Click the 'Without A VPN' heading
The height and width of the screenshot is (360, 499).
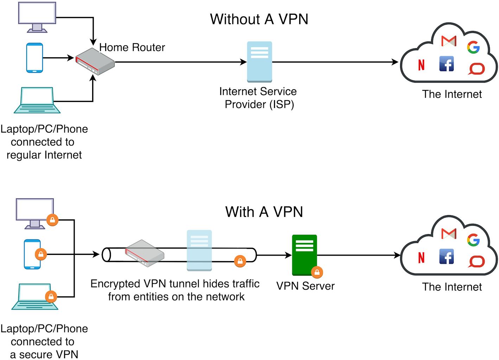click(259, 19)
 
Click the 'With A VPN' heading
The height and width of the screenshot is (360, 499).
click(264, 212)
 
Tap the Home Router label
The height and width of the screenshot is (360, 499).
click(132, 47)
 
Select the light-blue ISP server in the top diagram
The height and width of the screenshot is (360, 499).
click(260, 62)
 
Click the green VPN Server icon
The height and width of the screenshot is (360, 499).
click(304, 255)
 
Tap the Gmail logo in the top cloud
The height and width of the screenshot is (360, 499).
click(449, 41)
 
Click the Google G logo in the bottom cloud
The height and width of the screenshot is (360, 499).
click(473, 240)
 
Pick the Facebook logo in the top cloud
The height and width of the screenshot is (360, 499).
click(447, 64)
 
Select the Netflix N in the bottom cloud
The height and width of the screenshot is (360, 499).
click(421, 258)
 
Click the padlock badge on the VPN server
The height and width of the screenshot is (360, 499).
click(317, 272)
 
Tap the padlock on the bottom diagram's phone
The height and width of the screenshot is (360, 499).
click(41, 254)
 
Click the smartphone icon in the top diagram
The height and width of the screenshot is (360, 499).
click(34, 58)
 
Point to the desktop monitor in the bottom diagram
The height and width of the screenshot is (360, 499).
click(35, 213)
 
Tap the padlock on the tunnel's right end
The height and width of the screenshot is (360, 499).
click(240, 261)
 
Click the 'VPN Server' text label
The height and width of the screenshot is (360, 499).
click(305, 286)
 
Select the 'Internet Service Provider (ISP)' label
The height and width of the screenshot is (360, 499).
click(258, 98)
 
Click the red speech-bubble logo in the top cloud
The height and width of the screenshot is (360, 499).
click(476, 69)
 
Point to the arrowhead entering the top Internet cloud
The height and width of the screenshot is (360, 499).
click(395, 62)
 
